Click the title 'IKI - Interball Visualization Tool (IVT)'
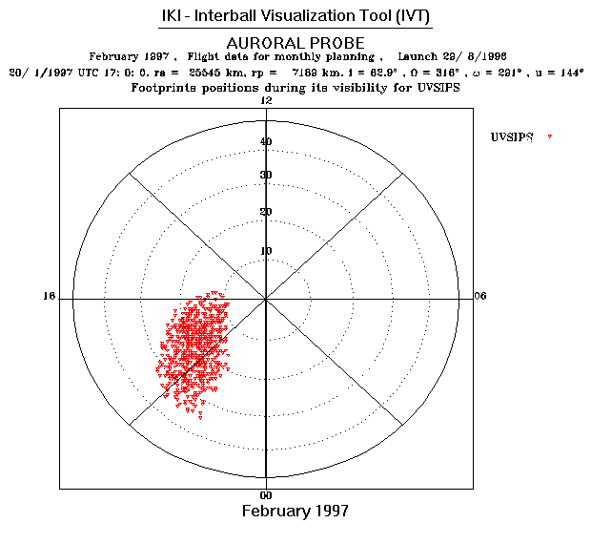pos(295,19)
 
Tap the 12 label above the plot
pos(266,100)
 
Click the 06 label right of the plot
pos(480,296)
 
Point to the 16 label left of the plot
pos(49,296)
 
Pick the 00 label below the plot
pos(266,496)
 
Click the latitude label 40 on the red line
pos(266,142)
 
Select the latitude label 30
pos(266,175)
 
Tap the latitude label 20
pos(266,212)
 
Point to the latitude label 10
pos(266,251)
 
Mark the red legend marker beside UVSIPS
pos(550,138)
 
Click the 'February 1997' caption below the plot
pos(295,512)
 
